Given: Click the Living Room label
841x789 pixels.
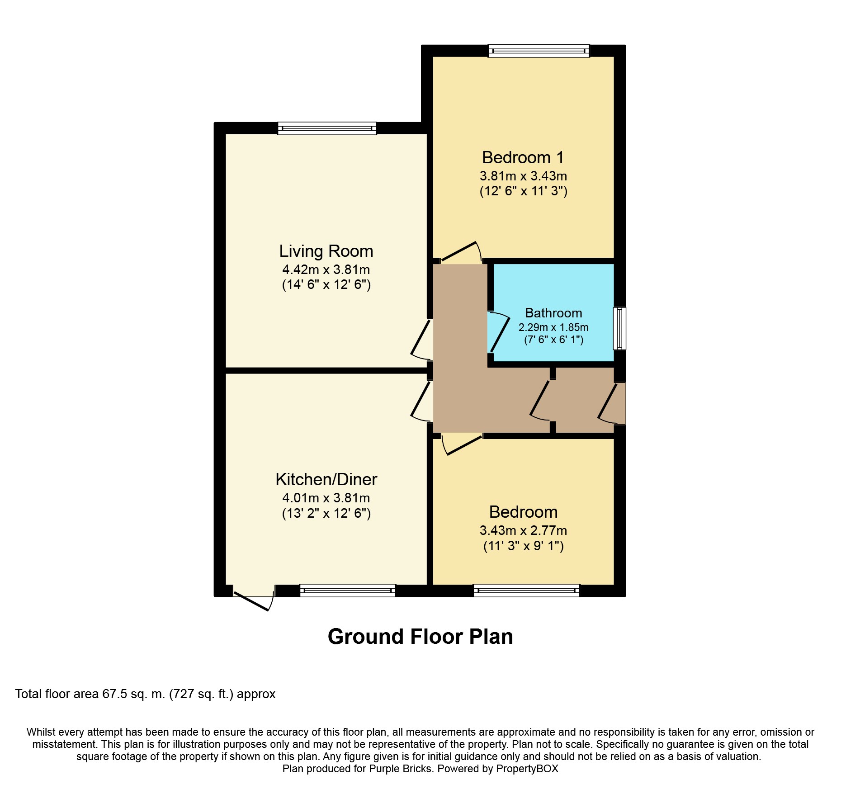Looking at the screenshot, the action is [x=326, y=251].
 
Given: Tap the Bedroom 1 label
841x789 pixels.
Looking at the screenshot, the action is [x=523, y=157].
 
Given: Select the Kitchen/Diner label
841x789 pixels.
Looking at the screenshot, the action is [x=326, y=479].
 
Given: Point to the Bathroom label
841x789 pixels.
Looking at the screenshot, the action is [x=553, y=313].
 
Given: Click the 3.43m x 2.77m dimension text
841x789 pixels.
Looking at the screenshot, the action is [x=523, y=530].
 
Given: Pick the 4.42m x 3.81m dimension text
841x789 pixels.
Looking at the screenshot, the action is [x=326, y=269].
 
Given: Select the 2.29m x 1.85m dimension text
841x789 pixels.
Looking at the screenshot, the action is [x=553, y=327].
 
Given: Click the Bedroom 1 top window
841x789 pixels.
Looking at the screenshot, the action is [x=539, y=51].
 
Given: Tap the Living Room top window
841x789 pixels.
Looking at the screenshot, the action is [x=327, y=128].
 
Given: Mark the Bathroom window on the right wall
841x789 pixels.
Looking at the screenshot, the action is [x=619, y=328].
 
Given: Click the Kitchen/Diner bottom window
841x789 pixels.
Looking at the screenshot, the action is [x=348, y=591].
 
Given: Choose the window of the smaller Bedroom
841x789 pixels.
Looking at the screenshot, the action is [x=526, y=591].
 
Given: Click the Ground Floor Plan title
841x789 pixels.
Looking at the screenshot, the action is [x=420, y=637].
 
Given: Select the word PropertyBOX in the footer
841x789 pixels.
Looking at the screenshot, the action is [x=527, y=769].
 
